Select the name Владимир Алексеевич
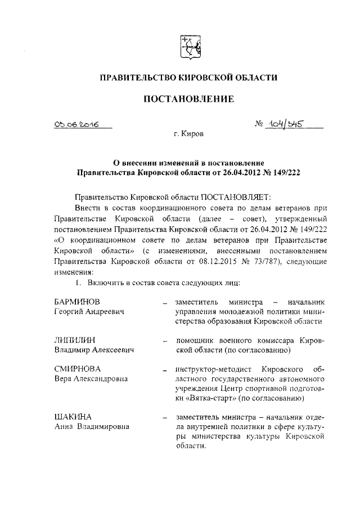(x=97, y=350)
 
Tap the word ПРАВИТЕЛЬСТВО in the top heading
(x=136, y=77)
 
